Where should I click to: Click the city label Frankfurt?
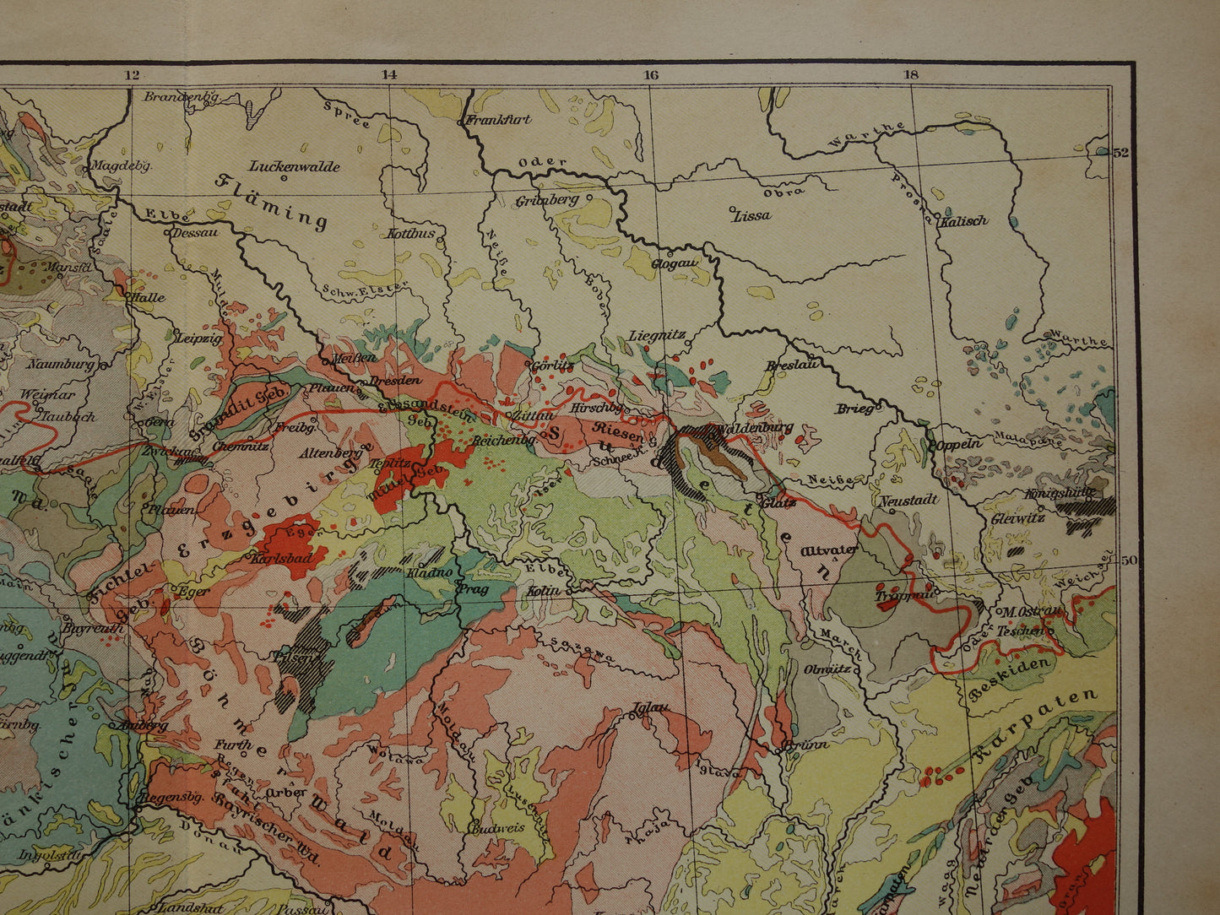(x=500, y=119)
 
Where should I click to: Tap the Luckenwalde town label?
(x=295, y=166)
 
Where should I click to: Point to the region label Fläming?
(x=273, y=202)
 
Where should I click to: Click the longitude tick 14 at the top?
(x=388, y=74)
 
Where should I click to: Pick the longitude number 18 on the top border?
(x=910, y=74)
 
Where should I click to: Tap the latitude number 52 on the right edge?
(x=1120, y=153)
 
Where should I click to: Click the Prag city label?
(x=473, y=589)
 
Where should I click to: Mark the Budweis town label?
(x=498, y=827)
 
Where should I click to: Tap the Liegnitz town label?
(x=656, y=336)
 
